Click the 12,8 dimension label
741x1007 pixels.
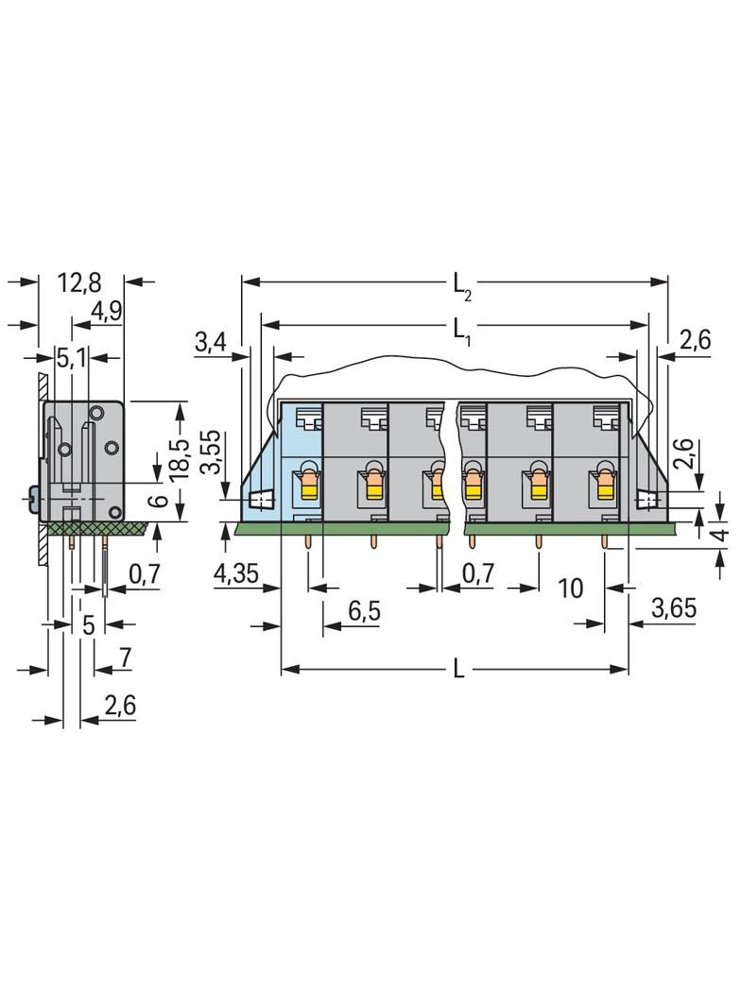point(79,282)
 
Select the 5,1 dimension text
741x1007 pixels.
point(71,358)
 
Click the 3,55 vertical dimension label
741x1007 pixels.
point(211,452)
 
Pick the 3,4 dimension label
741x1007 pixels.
point(211,342)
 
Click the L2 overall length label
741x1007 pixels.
point(462,286)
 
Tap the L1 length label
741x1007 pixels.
point(462,331)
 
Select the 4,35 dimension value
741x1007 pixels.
point(236,572)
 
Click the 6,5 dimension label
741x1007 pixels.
point(364,611)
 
